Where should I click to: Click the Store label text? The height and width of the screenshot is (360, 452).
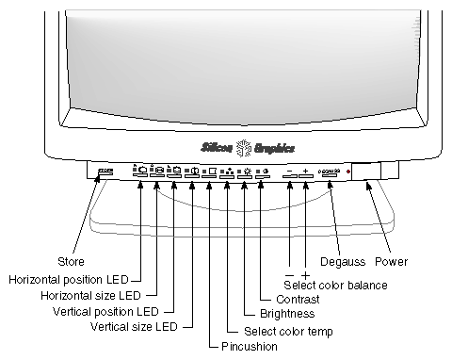(71, 261)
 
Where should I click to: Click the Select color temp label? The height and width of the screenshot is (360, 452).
(288, 331)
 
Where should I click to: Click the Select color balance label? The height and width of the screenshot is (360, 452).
(334, 285)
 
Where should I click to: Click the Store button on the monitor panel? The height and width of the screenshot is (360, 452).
(105, 172)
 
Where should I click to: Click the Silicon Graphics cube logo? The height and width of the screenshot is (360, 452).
(243, 147)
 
